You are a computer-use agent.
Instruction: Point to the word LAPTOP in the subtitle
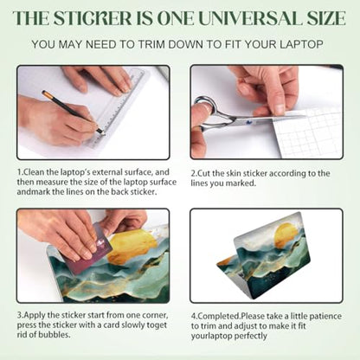(301, 44)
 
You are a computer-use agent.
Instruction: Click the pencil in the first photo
(72, 112)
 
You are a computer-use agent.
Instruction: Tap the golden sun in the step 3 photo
(132, 247)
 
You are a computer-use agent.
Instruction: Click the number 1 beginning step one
(19, 172)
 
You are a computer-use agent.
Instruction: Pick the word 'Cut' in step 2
(204, 174)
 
